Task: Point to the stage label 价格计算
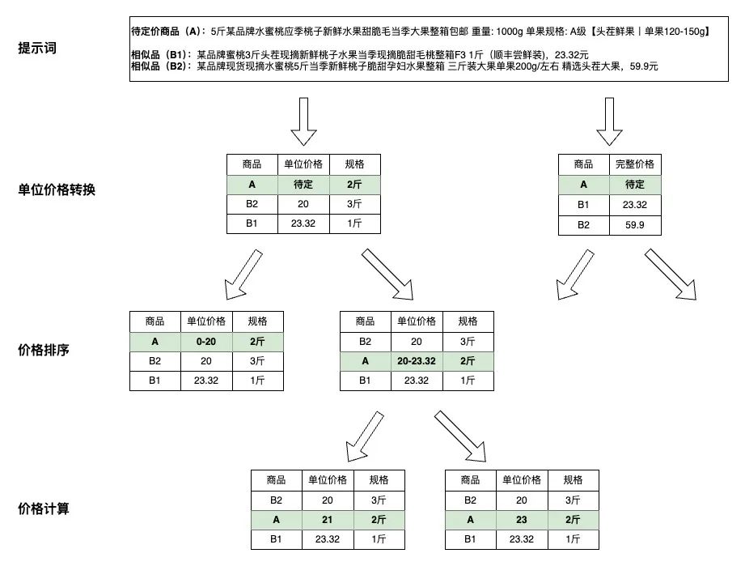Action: click(x=44, y=509)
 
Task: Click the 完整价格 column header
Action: click(x=634, y=164)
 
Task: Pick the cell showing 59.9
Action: click(x=634, y=225)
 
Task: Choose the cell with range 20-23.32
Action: click(x=417, y=361)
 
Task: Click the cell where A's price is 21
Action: click(x=328, y=520)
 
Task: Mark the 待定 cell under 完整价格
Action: click(x=634, y=185)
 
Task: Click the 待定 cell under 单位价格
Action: click(x=303, y=184)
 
